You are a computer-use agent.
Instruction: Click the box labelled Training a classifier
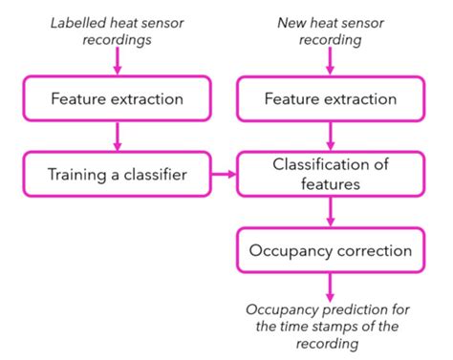point(118,175)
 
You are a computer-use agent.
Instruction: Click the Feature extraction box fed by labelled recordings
point(118,99)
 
